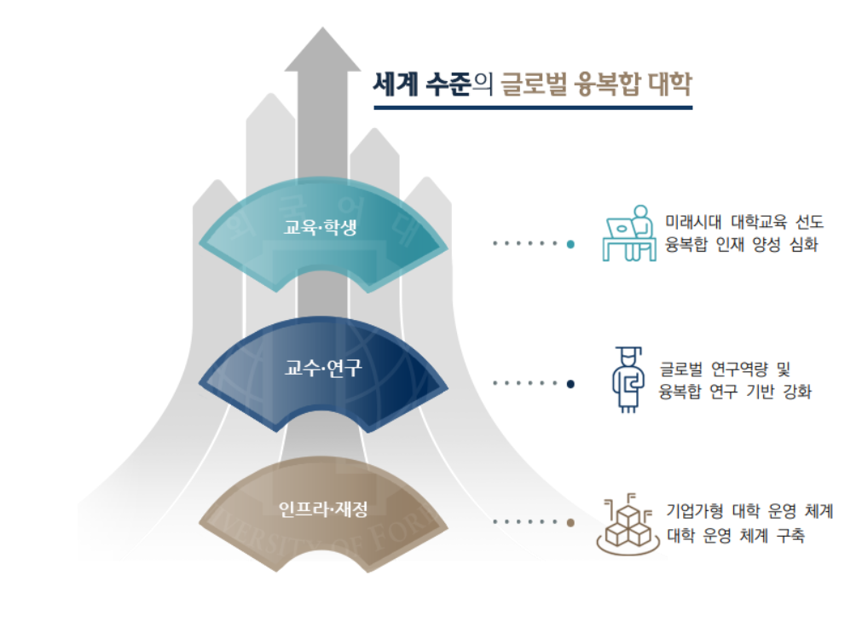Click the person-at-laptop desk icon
click(629, 233)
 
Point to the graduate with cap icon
click(628, 379)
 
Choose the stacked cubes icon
click(628, 524)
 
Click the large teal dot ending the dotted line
click(570, 244)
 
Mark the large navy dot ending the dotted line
click(570, 384)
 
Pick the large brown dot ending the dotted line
click(570, 522)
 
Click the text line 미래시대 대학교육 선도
click(744, 222)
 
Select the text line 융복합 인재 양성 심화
click(742, 244)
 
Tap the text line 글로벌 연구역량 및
click(725, 369)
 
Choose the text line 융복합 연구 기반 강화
click(736, 392)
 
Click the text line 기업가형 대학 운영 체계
click(749, 511)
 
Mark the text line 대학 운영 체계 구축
click(736, 534)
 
